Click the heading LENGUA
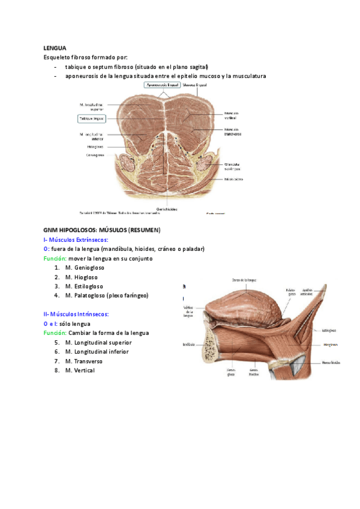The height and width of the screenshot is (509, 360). (x=55, y=47)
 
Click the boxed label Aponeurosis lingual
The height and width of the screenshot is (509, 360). (x=161, y=86)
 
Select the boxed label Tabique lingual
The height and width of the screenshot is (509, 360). (x=91, y=119)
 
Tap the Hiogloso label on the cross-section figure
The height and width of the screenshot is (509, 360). (x=95, y=146)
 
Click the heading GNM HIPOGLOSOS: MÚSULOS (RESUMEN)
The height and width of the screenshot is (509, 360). (x=101, y=230)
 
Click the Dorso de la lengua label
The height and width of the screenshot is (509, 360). (x=244, y=280)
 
